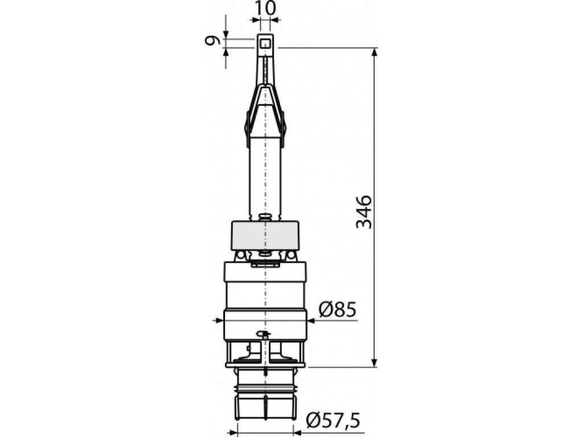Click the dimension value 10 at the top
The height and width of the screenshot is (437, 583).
click(266, 8)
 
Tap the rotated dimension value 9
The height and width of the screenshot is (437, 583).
click(211, 40)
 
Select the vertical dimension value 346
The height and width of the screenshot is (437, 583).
click(364, 212)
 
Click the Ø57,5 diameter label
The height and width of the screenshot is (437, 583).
click(333, 420)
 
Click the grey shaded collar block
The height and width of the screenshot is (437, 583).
click(265, 236)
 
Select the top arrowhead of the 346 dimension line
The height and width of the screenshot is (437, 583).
click(375, 52)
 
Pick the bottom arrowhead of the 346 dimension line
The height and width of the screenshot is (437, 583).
click(375, 362)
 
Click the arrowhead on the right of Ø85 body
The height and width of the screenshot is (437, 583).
click(311, 321)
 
